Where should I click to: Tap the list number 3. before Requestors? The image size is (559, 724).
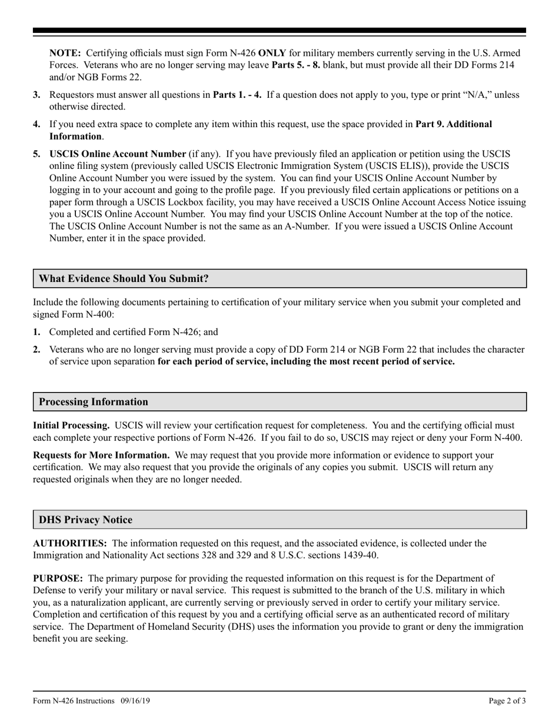pyautogui.click(x=37, y=95)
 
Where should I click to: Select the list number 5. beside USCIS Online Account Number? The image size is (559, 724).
pyautogui.click(x=37, y=154)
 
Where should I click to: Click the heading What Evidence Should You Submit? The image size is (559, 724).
pyautogui.click(x=124, y=278)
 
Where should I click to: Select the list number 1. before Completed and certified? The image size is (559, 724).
pyautogui.click(x=37, y=332)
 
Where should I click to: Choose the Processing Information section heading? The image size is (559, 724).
pyautogui.click(x=94, y=402)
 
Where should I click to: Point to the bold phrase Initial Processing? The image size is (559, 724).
pyautogui.click(x=71, y=425)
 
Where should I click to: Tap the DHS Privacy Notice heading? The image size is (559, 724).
pyautogui.click(x=85, y=520)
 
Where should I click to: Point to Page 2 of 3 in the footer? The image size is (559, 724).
pyautogui.click(x=507, y=700)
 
